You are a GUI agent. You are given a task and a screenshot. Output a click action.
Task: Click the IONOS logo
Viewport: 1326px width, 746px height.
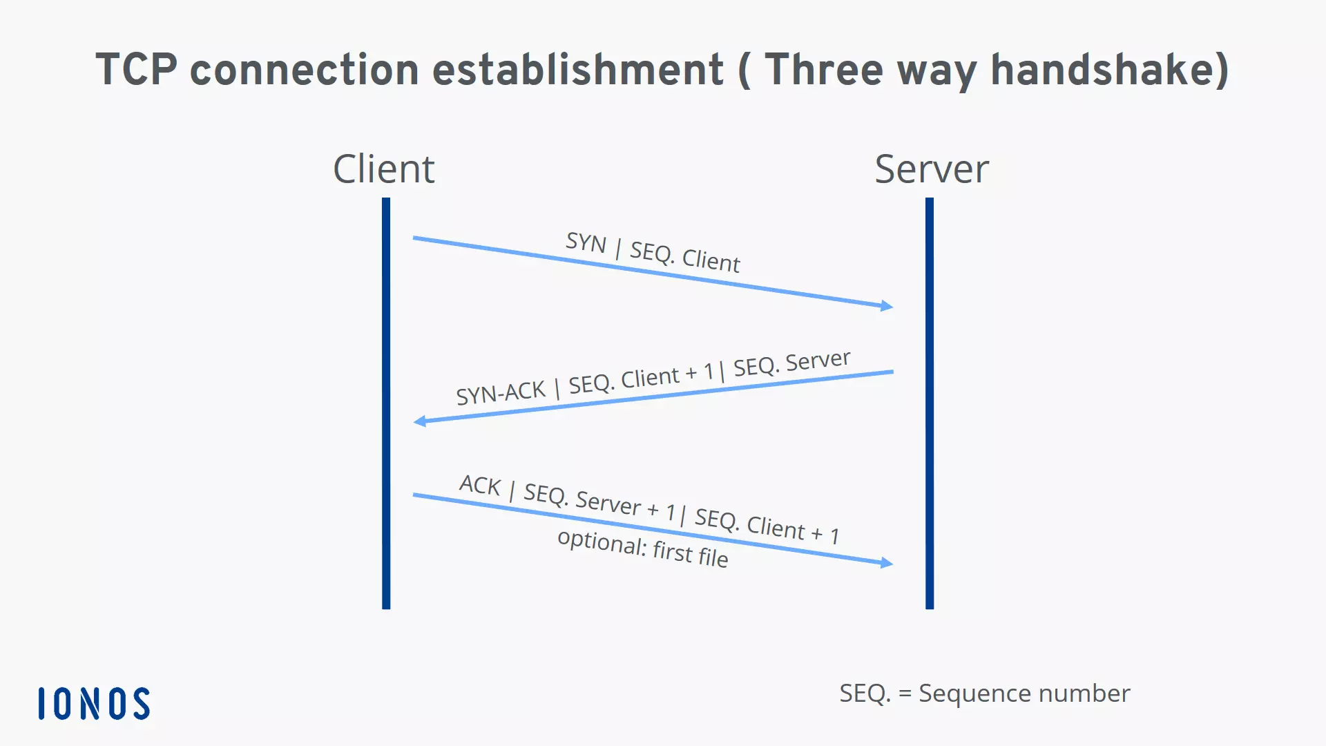click(x=94, y=703)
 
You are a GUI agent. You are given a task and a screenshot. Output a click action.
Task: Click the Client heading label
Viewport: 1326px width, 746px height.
click(x=384, y=169)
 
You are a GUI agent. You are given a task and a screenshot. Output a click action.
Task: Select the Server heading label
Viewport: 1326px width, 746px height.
click(x=932, y=169)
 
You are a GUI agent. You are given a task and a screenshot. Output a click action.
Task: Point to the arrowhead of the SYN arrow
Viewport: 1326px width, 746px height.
click(x=887, y=305)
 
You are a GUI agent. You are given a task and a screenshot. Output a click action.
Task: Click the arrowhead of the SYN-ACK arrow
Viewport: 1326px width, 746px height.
click(x=419, y=421)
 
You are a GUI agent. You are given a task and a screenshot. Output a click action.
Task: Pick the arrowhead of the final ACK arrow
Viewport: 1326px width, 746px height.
click(x=887, y=562)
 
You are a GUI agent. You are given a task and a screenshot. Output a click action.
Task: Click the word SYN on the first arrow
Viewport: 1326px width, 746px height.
click(x=586, y=242)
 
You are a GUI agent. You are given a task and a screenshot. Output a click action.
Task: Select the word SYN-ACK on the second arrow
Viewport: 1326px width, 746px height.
click(x=501, y=392)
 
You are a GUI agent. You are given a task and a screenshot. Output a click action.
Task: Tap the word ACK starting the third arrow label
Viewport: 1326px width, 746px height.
click(x=480, y=485)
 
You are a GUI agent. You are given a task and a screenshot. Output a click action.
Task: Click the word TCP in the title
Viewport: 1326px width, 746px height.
click(x=136, y=70)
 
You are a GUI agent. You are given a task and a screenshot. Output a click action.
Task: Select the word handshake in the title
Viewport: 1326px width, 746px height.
click(x=1109, y=70)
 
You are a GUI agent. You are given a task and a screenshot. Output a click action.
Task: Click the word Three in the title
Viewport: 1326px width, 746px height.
click(x=824, y=70)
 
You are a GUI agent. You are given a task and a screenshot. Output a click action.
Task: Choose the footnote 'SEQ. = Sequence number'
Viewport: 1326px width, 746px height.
click(x=984, y=693)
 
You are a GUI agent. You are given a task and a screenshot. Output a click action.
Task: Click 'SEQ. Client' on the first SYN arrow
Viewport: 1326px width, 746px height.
click(x=684, y=256)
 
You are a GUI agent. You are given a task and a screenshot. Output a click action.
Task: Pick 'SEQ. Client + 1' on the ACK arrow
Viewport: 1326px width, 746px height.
click(x=767, y=526)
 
